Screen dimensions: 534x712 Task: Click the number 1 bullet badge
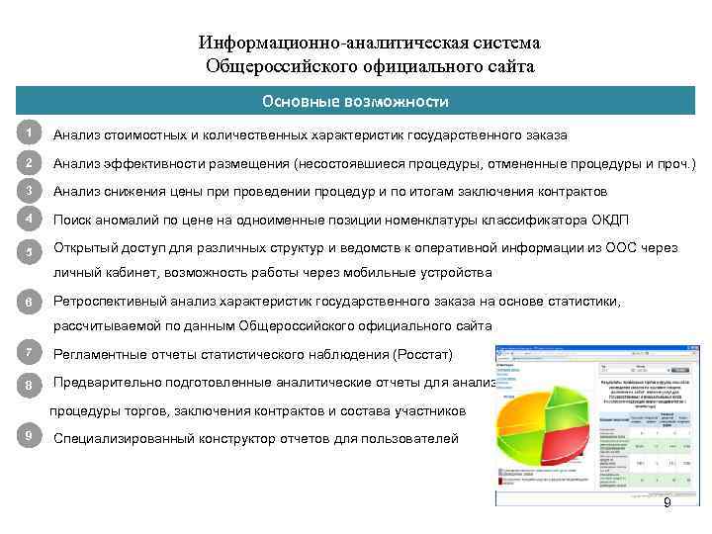31,133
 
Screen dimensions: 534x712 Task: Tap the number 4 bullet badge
31,219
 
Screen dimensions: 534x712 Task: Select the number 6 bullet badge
31,302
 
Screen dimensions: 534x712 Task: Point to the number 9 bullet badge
31,436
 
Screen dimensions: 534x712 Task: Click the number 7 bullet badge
31,352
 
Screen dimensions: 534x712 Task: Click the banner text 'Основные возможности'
355,101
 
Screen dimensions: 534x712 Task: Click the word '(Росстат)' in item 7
422,354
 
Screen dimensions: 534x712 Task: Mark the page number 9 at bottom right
667,504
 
